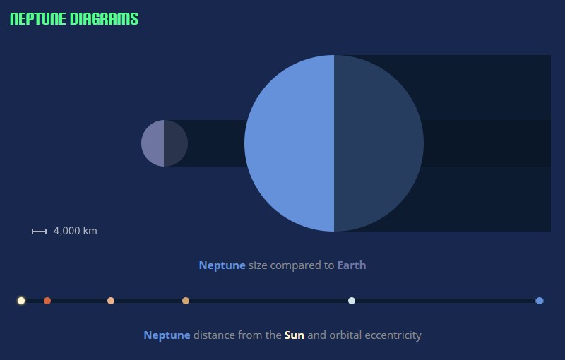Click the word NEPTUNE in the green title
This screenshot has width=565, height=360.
click(x=38, y=19)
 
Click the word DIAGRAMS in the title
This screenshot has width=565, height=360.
click(x=104, y=19)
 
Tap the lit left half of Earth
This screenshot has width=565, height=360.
click(x=153, y=143)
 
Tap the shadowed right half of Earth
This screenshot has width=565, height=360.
click(x=176, y=143)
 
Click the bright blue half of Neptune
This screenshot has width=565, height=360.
click(x=290, y=143)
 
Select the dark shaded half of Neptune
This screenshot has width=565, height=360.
click(x=379, y=143)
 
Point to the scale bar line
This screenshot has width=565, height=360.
click(x=39, y=232)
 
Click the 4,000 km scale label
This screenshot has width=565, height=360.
click(x=76, y=231)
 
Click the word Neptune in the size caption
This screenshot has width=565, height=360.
click(x=222, y=265)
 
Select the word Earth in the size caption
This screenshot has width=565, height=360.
click(x=351, y=265)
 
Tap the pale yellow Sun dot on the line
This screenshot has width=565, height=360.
click(x=21, y=301)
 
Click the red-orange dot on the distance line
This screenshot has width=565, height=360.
click(x=47, y=301)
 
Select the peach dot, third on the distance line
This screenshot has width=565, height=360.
click(x=111, y=301)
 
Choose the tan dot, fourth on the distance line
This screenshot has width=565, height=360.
click(x=186, y=301)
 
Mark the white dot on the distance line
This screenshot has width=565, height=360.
click(x=352, y=301)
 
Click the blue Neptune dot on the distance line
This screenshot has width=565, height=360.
click(x=540, y=301)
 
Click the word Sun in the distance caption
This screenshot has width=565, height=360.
click(x=294, y=335)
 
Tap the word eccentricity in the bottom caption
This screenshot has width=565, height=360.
click(x=393, y=336)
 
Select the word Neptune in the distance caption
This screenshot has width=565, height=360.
click(x=167, y=335)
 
